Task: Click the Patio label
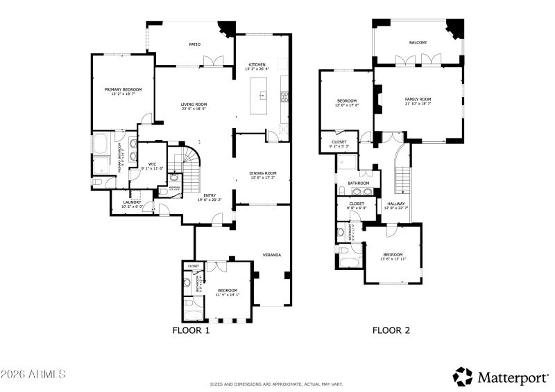pyautogui.click(x=195, y=44)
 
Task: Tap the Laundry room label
pyautogui.click(x=132, y=204)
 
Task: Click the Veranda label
pyautogui.click(x=271, y=256)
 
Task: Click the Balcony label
pyautogui.click(x=418, y=43)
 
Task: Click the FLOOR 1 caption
pyautogui.click(x=191, y=330)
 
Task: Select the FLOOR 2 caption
pyautogui.click(x=391, y=330)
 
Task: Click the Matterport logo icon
pyautogui.click(x=463, y=376)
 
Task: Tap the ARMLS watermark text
pyautogui.click(x=33, y=374)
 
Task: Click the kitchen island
pyautogui.click(x=262, y=96)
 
